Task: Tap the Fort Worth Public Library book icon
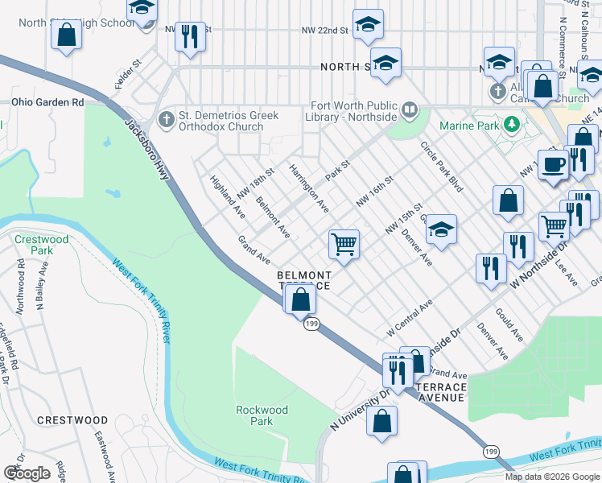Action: (410, 109)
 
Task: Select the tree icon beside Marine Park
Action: (509, 125)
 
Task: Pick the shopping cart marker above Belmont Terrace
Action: (344, 243)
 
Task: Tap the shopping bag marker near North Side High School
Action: (66, 35)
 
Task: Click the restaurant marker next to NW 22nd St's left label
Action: (190, 36)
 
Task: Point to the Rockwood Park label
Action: (262, 415)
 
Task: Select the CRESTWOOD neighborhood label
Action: (72, 420)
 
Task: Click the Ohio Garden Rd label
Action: (47, 103)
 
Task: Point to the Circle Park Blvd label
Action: (443, 167)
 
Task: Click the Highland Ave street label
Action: (227, 197)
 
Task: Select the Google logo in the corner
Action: (27, 473)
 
